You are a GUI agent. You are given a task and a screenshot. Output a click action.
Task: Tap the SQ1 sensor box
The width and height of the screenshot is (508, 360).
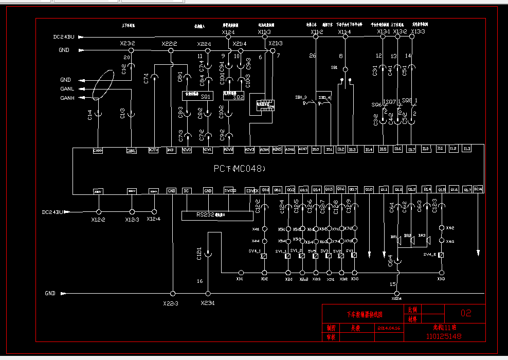click(x=206, y=96)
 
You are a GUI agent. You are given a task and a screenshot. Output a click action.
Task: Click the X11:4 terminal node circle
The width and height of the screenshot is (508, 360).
click(x=345, y=38)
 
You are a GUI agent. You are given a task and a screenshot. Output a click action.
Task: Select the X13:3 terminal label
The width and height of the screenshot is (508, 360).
click(x=418, y=32)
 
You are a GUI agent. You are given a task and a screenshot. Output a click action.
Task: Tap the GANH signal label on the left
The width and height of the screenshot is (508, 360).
click(x=67, y=98)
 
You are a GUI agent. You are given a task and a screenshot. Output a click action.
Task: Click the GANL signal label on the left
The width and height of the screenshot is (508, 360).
click(x=67, y=89)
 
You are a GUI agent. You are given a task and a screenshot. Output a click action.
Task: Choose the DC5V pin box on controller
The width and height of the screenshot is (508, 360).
click(x=153, y=150)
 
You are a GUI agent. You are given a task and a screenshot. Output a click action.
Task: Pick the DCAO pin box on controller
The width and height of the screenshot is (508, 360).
click(x=478, y=189)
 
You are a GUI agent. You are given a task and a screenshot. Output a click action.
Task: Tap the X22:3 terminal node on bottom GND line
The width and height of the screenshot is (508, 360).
click(x=173, y=293)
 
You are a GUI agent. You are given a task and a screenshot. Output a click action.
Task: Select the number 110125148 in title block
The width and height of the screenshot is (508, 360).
click(x=444, y=336)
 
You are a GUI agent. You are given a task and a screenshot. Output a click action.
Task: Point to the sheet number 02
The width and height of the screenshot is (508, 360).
click(x=466, y=313)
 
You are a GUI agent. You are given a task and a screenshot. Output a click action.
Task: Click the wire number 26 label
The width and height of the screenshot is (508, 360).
click(x=313, y=56)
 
